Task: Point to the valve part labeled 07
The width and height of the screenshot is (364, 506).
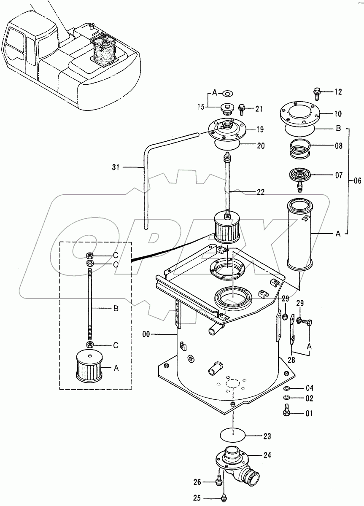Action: click(299, 176)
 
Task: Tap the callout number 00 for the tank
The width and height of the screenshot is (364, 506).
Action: click(146, 334)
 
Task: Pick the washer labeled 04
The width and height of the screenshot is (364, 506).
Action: click(286, 388)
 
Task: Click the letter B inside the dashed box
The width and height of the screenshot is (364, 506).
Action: click(116, 308)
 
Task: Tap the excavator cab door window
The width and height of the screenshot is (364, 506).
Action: click(31, 48)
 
